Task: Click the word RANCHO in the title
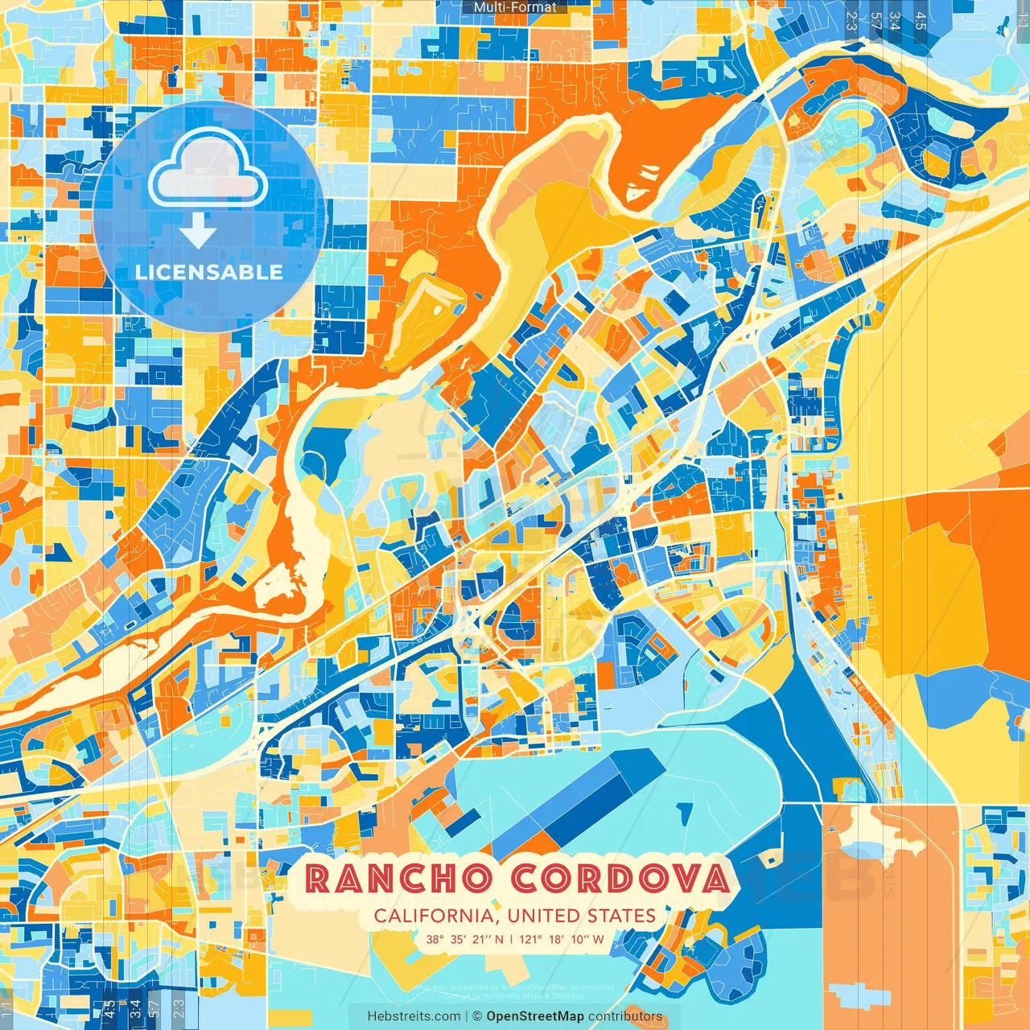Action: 398,879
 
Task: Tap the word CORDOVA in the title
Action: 620,879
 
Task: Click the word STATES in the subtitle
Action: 621,916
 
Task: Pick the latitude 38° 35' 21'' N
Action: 465,939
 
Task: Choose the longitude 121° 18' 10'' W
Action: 562,939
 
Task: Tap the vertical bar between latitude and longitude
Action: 512,939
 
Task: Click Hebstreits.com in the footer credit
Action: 414,1016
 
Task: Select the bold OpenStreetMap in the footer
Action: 535,1016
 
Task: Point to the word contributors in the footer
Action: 625,1016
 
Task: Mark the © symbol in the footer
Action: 476,1016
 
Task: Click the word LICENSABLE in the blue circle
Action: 209,272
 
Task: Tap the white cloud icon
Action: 208,169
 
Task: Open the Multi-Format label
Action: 515,7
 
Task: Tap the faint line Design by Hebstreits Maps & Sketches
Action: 515,995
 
